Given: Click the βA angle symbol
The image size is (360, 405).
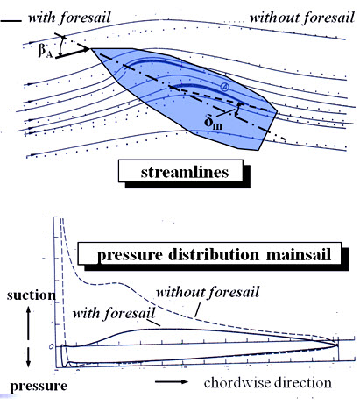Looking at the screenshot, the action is tap(45, 51).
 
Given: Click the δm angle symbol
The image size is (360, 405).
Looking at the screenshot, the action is tap(213, 123).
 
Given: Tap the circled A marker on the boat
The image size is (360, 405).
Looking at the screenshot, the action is tap(224, 87).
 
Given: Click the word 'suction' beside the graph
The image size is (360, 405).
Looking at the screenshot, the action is tap(32, 295).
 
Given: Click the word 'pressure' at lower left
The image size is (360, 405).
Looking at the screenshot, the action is tap(39, 386).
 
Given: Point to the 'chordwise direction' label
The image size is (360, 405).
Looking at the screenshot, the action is tap(268, 383).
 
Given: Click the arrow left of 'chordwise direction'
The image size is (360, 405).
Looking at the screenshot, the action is tap(172, 381).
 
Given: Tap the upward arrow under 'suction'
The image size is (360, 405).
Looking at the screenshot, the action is tap(28, 323).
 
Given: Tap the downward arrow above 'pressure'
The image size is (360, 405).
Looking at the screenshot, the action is tap(28, 358).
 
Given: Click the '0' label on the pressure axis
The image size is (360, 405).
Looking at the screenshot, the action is tap(51, 346).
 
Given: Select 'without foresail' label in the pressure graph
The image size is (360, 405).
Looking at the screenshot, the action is tap(208, 292).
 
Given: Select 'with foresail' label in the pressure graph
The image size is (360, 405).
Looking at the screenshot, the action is tap(114, 314).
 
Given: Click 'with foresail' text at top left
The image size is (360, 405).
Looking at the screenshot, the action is tap(69, 18).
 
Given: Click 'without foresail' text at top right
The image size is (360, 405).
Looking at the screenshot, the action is tap(302, 18).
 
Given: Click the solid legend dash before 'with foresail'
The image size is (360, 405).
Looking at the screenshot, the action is tap(11, 21).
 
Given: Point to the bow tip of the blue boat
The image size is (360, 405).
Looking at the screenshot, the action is tap(92, 49).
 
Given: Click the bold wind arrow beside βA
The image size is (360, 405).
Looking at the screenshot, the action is tap(73, 53).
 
